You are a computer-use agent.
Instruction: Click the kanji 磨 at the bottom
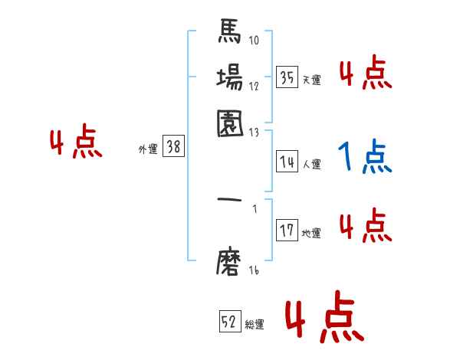[230, 262]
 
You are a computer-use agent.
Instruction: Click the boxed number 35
[287, 77]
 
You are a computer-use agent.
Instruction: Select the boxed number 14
[287, 162]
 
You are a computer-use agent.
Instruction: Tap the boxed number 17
[287, 231]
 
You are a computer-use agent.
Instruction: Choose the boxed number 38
[174, 148]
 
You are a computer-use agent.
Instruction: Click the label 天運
[312, 80]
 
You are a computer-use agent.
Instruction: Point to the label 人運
[312, 164]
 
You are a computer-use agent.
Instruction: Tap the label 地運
[312, 233]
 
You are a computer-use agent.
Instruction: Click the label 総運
[255, 324]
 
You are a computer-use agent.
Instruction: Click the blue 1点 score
[365, 158]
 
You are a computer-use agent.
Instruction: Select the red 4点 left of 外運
[76, 143]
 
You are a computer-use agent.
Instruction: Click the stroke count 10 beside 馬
[254, 40]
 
